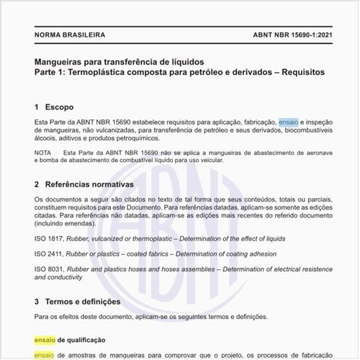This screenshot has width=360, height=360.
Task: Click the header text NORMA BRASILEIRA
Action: (x=69, y=35)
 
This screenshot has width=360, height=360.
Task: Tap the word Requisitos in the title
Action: (x=301, y=72)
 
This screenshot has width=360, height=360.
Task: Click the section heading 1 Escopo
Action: (x=54, y=107)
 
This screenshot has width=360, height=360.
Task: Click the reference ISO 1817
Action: (x=49, y=238)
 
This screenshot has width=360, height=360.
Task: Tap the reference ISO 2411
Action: (x=49, y=253)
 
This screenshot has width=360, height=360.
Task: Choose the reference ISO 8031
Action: (x=49, y=269)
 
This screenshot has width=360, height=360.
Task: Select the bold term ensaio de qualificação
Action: (x=70, y=339)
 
